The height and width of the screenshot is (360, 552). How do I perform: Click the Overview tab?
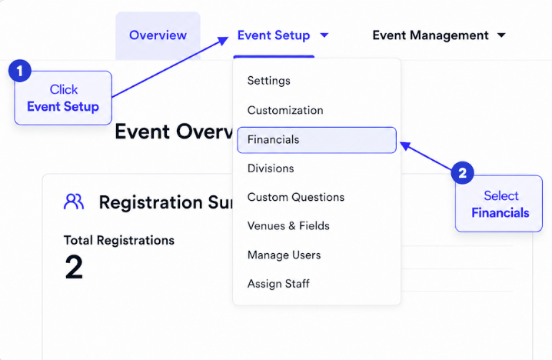point(158,35)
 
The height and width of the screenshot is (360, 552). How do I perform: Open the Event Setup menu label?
point(274,35)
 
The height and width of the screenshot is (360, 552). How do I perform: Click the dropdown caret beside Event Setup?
point(324,35)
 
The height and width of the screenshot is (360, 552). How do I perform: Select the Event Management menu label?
point(431,35)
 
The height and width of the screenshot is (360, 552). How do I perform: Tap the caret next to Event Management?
point(501,35)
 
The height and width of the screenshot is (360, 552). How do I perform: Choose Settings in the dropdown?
point(268,81)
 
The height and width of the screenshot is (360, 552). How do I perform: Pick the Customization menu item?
point(285,110)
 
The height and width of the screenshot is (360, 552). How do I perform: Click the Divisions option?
point(271,168)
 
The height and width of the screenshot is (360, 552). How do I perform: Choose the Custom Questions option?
point(296,197)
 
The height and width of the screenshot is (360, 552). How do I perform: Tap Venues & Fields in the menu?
point(288,226)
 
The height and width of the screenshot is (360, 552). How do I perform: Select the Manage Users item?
point(284,255)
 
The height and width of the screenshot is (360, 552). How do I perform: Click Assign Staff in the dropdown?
point(278,284)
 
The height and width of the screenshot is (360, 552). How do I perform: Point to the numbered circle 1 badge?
point(20,71)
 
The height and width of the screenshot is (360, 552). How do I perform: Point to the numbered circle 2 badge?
point(462,172)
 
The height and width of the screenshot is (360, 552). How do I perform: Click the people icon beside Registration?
point(74,202)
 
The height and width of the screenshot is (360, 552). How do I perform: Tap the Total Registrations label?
point(119,240)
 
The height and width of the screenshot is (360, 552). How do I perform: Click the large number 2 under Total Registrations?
point(74,268)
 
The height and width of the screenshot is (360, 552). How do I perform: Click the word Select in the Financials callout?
point(501,196)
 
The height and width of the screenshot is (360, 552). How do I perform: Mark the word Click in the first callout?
point(63,89)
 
